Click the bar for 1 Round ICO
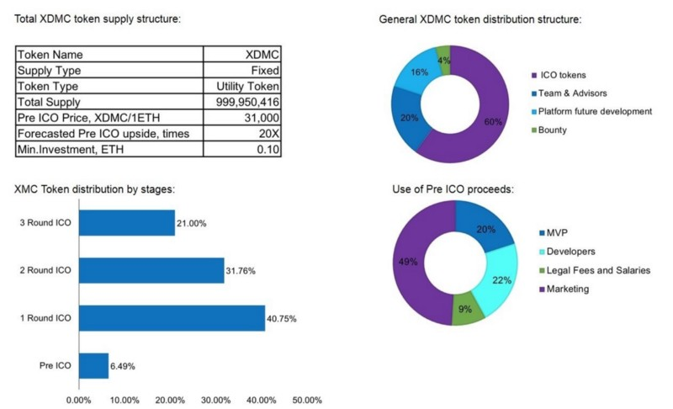click(x=171, y=318)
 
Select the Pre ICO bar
click(x=93, y=366)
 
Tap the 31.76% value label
click(x=243, y=271)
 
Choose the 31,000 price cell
click(x=261, y=118)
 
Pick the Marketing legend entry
click(x=568, y=289)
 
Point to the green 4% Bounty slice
click(x=444, y=60)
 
